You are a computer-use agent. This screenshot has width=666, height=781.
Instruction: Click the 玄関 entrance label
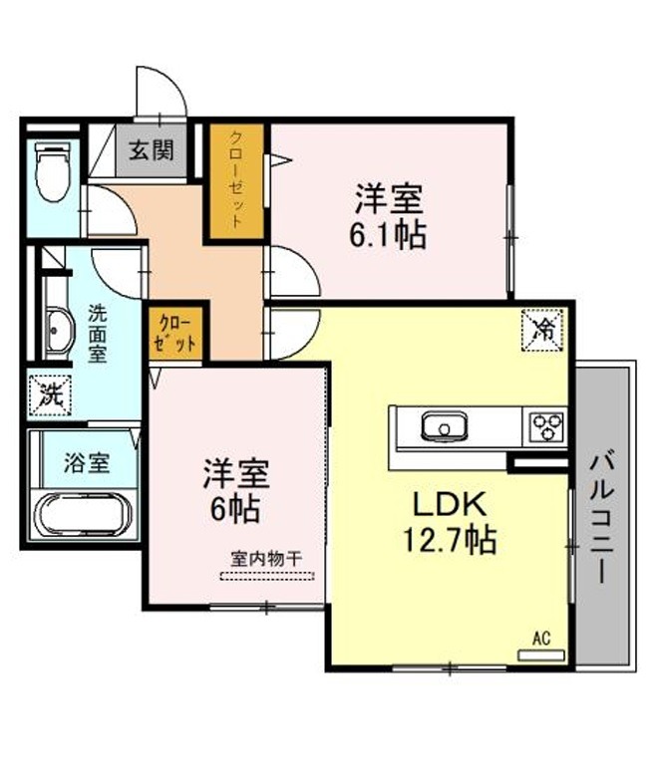[152, 149]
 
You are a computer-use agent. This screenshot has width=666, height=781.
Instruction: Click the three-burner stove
[547, 426]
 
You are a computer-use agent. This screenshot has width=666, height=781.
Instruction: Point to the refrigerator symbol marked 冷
[542, 331]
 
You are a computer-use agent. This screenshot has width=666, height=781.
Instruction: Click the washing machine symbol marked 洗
[50, 394]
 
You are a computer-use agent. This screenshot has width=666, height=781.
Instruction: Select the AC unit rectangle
[540, 655]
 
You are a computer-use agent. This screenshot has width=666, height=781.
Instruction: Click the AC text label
[541, 638]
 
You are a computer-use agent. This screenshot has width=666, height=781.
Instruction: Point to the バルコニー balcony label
[602, 516]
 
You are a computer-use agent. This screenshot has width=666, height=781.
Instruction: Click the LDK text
[449, 504]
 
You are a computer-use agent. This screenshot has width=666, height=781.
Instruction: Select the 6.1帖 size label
[387, 235]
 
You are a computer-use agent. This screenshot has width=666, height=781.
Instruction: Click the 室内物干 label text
[266, 558]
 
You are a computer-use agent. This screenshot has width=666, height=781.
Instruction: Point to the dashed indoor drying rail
[267, 576]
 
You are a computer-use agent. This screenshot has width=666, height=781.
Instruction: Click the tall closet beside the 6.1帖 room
[235, 181]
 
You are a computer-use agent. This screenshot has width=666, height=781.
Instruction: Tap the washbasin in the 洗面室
[59, 331]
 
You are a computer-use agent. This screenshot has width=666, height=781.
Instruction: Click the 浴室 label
[87, 462]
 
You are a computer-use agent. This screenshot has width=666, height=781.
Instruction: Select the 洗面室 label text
[98, 334]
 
